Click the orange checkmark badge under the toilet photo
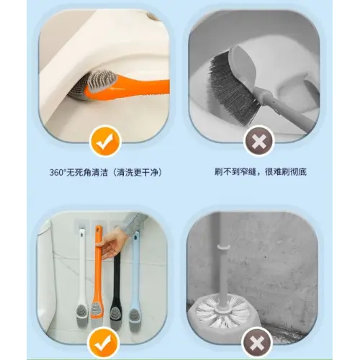click(104, 141)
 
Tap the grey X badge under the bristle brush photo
click(258, 141)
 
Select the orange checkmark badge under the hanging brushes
click(103, 343)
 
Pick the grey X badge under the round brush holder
click(257, 342)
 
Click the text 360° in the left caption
click(58, 172)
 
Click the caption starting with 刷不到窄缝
click(261, 171)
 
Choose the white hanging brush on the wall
click(83, 276)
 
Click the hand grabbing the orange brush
click(112, 243)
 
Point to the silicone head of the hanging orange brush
click(97, 311)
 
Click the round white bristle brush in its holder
click(222, 312)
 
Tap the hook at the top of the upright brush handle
click(223, 248)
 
